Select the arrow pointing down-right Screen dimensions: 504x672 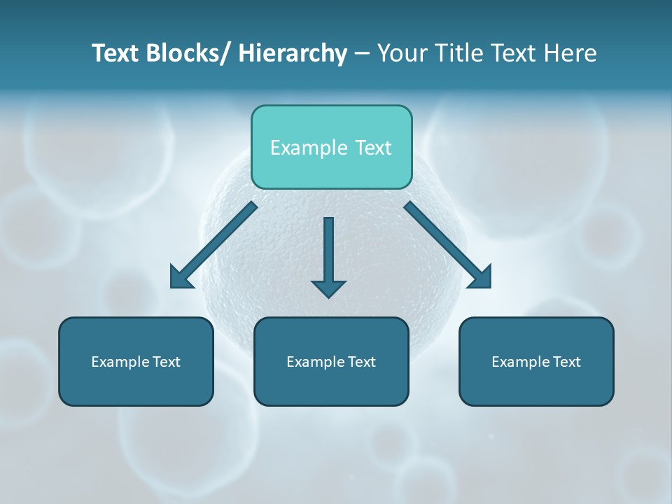tap(448, 245)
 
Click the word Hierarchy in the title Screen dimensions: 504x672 tap(293, 54)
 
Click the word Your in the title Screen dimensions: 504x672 tap(401, 54)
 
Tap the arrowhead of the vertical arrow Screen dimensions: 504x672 tap(328, 288)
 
